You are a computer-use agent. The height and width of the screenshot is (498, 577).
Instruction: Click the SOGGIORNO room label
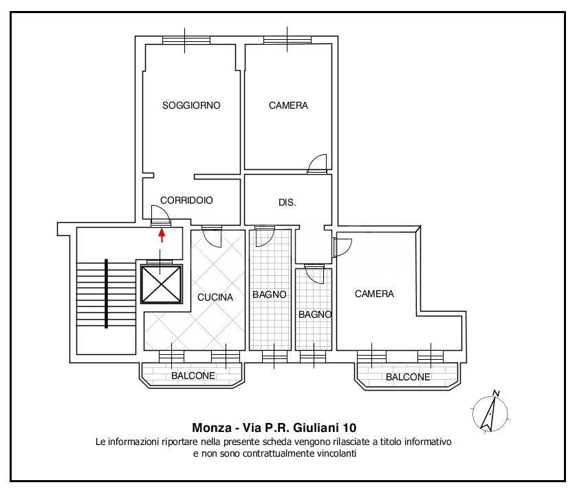pyautogui.click(x=191, y=105)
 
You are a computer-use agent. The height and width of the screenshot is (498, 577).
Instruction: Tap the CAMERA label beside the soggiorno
pyautogui.click(x=288, y=105)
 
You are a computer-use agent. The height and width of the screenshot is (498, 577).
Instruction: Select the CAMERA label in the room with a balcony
pyautogui.click(x=374, y=294)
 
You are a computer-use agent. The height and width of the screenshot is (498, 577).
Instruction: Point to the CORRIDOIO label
pyautogui.click(x=186, y=200)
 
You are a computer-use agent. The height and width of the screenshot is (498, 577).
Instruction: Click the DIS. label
pyautogui.click(x=287, y=203)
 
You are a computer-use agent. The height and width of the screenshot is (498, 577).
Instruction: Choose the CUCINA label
pyautogui.click(x=215, y=297)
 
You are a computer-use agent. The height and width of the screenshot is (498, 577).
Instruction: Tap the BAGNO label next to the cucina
pyautogui.click(x=269, y=294)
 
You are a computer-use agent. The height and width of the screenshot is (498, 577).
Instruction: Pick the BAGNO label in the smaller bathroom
pyautogui.click(x=315, y=314)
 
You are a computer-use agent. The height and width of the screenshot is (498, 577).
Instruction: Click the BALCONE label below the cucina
pyautogui.click(x=193, y=376)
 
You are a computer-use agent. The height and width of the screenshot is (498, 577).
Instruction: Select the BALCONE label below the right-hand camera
pyautogui.click(x=408, y=377)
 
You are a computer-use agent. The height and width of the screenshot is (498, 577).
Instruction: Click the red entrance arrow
pyautogui.click(x=162, y=236)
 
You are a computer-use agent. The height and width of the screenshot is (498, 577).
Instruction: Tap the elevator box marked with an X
pyautogui.click(x=162, y=284)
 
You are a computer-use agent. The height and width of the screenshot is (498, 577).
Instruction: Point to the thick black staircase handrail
pyautogui.click(x=106, y=293)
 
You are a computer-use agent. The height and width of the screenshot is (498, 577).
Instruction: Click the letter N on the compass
pyautogui.click(x=497, y=393)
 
